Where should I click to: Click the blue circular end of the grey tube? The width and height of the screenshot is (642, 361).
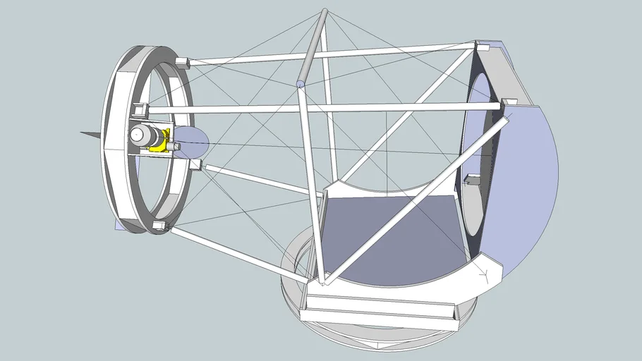[x=301, y=85]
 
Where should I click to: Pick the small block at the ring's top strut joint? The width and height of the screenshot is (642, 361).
[x=181, y=62]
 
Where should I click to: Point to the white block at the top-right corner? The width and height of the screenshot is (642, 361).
[x=483, y=47]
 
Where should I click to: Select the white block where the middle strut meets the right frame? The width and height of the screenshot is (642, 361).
[x=509, y=103]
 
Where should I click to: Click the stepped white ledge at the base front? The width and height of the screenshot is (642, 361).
[x=374, y=310]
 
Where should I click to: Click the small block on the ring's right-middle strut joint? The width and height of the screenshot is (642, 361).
[x=195, y=165]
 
